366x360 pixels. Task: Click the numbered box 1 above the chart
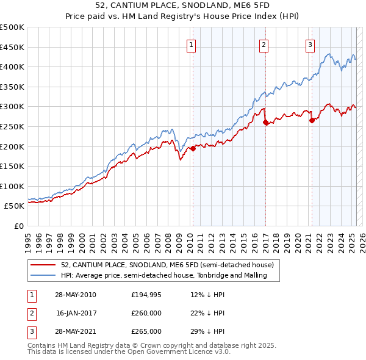tap(192, 44)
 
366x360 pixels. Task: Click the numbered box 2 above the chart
tap(264, 44)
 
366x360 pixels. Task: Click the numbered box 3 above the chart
tap(310, 44)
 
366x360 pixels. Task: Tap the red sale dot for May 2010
tap(193, 148)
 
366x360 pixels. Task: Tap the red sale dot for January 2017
tap(266, 123)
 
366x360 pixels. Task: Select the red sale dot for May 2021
tap(312, 120)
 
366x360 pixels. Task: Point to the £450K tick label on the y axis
tap(13, 47)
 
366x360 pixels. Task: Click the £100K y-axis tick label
tap(13, 186)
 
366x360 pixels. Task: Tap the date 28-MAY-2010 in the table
tap(75, 295)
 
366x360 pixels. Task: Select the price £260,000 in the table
tap(146, 313)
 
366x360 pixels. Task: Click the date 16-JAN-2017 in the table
tap(75, 313)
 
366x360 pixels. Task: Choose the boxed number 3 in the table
tap(31, 331)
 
